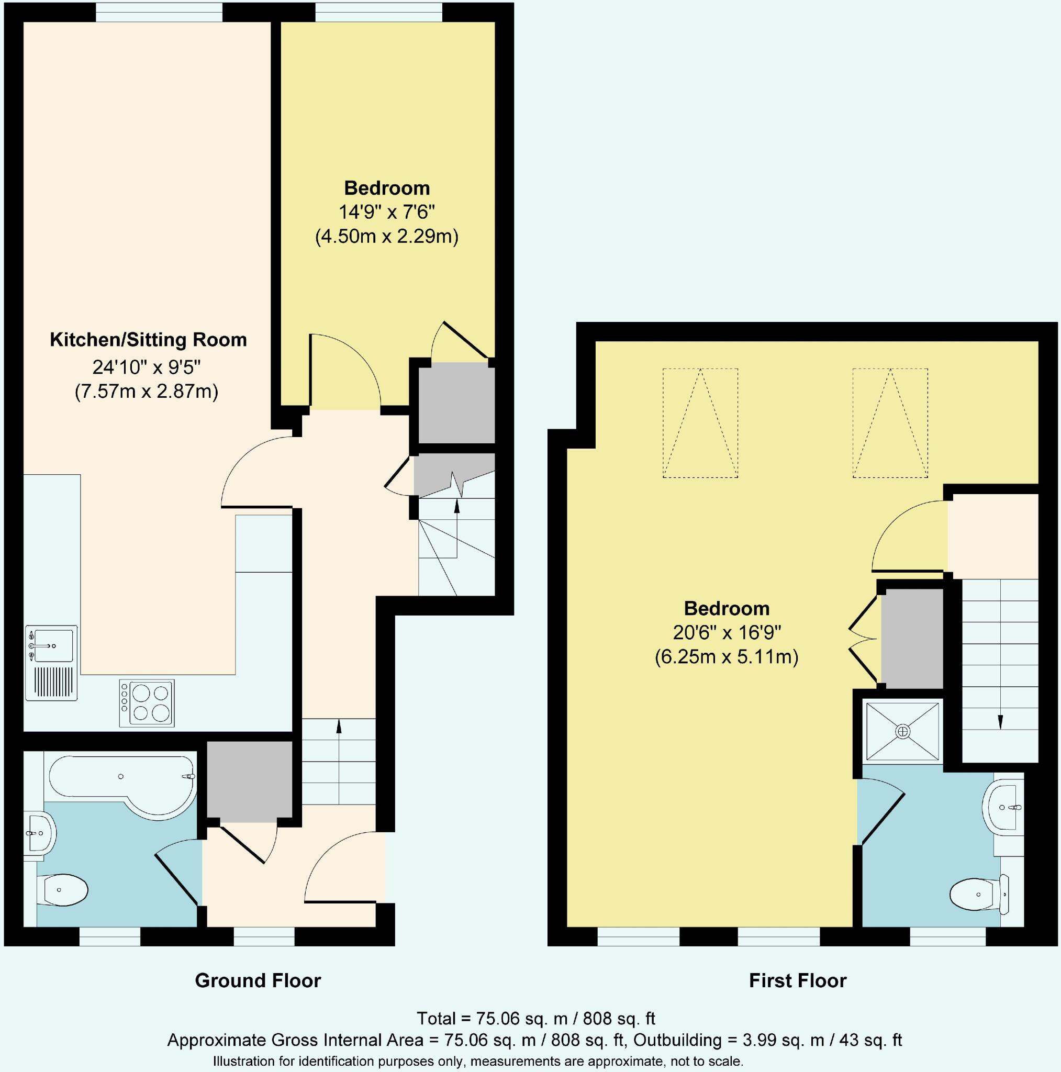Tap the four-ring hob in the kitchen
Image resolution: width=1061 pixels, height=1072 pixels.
point(147,703)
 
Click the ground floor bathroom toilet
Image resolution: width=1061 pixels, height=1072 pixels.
point(65,889)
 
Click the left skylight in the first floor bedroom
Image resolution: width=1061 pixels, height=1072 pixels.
point(700,423)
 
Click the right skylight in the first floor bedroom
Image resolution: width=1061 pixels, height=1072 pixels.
point(890,423)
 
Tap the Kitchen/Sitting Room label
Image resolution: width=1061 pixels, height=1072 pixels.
point(148,340)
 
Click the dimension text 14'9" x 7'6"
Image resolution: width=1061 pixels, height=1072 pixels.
point(387,213)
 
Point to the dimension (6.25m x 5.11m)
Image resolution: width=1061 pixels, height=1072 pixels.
point(727,657)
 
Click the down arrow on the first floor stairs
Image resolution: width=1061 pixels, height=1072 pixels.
point(1000,722)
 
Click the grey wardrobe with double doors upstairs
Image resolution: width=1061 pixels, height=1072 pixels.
point(912,639)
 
